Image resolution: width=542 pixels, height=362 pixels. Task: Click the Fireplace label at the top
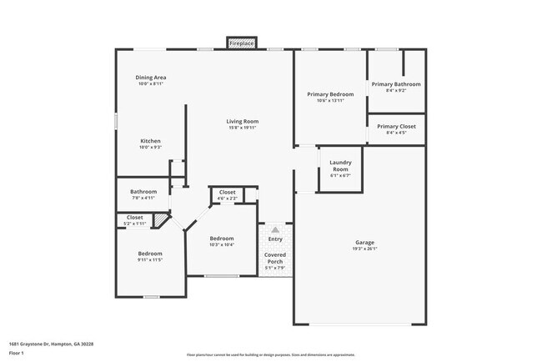(x=242, y=43)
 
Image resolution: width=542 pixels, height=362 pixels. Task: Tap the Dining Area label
(x=151, y=78)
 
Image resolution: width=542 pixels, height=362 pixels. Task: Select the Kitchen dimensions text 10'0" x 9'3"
(x=150, y=148)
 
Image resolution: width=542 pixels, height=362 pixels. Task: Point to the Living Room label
(x=243, y=122)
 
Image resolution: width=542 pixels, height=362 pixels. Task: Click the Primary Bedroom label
(x=330, y=94)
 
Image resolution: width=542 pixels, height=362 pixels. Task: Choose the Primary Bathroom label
(x=396, y=84)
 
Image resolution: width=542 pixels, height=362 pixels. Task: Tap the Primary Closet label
(x=396, y=126)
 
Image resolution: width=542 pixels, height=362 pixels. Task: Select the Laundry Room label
(x=340, y=165)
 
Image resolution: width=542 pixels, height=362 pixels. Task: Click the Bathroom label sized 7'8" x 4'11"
(x=143, y=192)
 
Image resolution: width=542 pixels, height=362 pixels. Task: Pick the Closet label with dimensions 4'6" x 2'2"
(x=227, y=193)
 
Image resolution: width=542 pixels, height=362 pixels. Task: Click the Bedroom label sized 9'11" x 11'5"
(x=150, y=254)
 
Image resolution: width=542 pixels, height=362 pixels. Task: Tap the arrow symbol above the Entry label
(x=275, y=229)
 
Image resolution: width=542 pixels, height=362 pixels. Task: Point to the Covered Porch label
(x=275, y=258)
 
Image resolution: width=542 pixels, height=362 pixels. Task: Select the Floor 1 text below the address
(x=17, y=353)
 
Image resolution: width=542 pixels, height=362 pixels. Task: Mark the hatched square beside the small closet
(x=161, y=219)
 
